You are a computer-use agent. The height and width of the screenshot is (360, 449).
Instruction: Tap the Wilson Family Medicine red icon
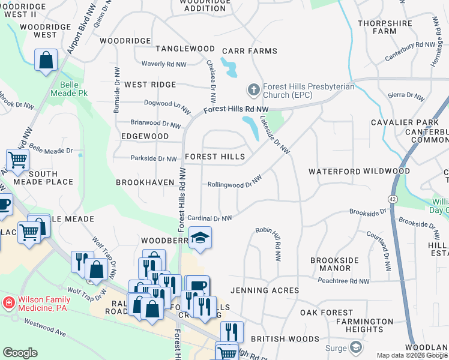click(x=9, y=302)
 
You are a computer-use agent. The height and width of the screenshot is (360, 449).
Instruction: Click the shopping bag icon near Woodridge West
click(x=46, y=60)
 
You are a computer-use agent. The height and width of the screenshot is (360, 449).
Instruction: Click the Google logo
click(x=20, y=353)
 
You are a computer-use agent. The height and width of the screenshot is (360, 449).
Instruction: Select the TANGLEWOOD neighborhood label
click(x=185, y=49)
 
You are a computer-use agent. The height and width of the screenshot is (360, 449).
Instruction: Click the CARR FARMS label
click(x=250, y=52)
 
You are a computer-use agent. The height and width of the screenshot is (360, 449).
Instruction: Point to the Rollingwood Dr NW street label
click(x=235, y=183)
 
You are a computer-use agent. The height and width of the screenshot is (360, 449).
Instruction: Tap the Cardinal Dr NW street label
click(x=209, y=218)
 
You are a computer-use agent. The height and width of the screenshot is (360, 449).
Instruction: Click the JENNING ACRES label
click(x=264, y=290)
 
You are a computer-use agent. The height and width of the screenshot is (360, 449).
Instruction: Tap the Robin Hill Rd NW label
click(x=268, y=244)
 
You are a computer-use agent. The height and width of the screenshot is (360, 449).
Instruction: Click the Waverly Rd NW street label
click(x=164, y=64)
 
